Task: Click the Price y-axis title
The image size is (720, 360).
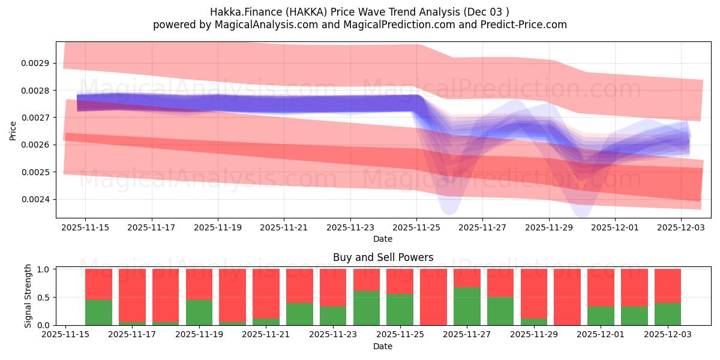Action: click(13, 130)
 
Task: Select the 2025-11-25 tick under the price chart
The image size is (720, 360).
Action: click(416, 227)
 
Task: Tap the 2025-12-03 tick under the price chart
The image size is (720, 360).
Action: click(681, 227)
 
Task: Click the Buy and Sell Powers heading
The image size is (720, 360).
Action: click(383, 257)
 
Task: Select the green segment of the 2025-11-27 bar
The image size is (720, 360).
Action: click(467, 306)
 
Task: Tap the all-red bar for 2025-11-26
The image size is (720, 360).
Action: click(433, 297)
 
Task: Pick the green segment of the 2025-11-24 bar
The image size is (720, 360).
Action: click(367, 308)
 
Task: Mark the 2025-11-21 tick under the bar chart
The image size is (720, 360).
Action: click(266, 335)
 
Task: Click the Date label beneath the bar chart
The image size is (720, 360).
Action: click(383, 346)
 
